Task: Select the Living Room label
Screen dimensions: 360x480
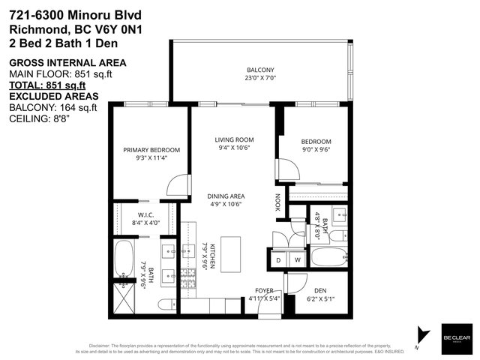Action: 234,139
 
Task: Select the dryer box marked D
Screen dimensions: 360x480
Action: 279,260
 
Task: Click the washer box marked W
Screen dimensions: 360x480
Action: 296,260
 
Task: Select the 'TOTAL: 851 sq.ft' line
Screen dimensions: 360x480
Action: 46,85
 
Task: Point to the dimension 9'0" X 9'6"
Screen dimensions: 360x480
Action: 316,149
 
